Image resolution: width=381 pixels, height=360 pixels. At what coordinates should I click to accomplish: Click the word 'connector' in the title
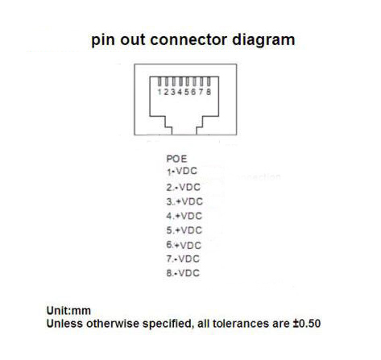tap(188, 39)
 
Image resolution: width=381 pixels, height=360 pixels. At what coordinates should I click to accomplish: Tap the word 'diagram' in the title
tap(263, 41)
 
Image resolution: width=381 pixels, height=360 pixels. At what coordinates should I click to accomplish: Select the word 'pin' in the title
tap(104, 41)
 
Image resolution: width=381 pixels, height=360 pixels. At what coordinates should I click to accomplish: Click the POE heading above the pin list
tap(176, 159)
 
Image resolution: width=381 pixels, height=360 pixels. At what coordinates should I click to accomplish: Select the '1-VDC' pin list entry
tap(182, 171)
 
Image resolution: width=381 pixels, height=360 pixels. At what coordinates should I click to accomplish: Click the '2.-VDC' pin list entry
tap(183, 187)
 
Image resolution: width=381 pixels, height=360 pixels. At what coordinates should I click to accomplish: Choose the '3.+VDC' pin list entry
tap(184, 201)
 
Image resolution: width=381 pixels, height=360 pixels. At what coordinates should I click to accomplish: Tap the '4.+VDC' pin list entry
tap(184, 216)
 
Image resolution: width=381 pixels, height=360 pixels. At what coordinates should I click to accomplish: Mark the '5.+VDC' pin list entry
tap(184, 230)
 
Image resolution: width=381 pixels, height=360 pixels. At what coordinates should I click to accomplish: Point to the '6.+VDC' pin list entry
tap(184, 245)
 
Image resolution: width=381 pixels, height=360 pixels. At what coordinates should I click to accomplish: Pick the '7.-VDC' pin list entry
tap(183, 259)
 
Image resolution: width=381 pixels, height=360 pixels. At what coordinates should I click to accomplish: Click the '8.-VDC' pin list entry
tap(183, 273)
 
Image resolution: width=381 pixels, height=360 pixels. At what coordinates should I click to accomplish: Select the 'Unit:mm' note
tap(68, 311)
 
